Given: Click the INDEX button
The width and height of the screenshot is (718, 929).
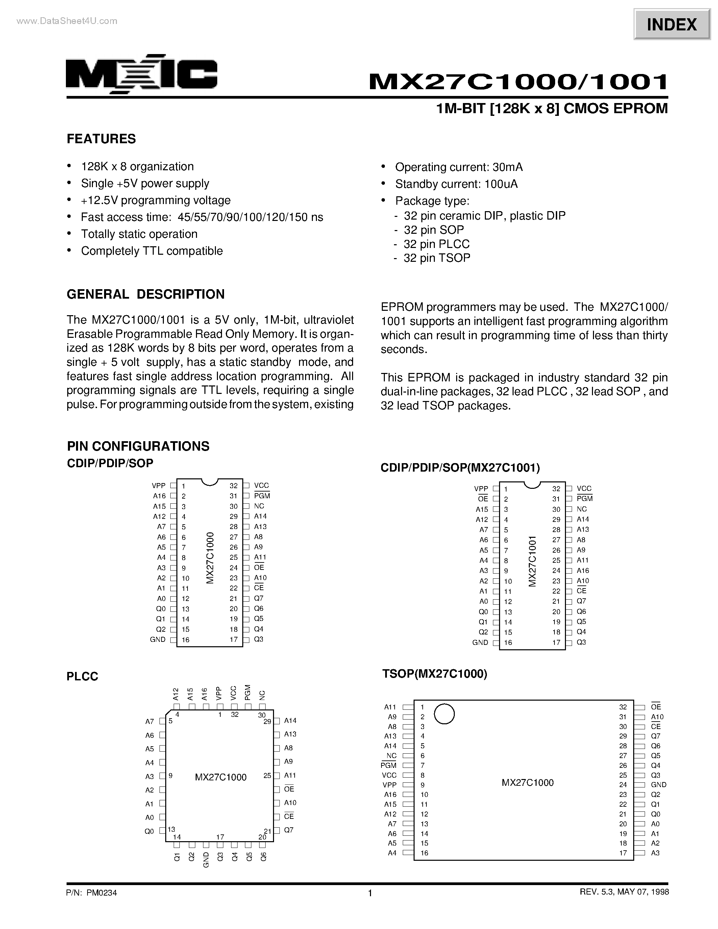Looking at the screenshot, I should (x=672, y=25).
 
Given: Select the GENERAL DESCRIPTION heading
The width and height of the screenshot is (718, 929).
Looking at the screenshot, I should (x=146, y=294).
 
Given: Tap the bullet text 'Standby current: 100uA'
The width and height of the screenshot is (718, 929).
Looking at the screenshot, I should (x=456, y=184).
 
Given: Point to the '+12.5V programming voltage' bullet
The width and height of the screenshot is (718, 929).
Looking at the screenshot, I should (x=156, y=200).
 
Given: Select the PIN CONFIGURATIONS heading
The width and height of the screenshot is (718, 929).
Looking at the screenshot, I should (x=138, y=446).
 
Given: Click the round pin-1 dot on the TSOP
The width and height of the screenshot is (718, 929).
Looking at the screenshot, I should (x=444, y=714).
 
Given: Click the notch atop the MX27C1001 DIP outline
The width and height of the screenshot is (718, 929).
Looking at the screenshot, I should (x=532, y=484).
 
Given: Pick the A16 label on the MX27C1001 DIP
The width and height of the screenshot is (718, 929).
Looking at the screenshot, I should (x=583, y=571).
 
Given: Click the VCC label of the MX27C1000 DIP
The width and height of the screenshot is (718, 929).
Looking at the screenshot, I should (x=261, y=485).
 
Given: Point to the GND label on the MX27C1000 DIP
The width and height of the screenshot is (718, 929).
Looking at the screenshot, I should (x=157, y=640).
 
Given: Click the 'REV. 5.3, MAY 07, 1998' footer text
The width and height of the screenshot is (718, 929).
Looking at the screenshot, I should (x=624, y=892).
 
